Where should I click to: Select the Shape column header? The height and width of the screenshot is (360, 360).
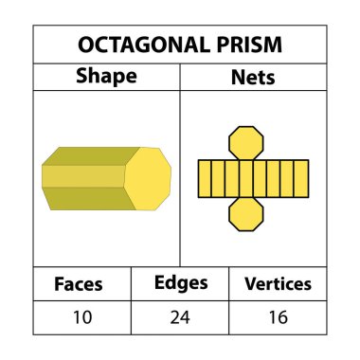pos(105,77)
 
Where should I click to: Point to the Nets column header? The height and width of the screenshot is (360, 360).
pos(253,77)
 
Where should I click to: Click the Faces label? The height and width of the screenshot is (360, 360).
pos(79,283)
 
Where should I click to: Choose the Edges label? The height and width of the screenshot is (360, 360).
pos(180,282)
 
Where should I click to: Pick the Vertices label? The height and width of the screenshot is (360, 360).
pos(278,283)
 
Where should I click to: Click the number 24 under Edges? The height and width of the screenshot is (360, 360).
pos(180,317)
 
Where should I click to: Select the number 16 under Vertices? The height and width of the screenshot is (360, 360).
pos(278,317)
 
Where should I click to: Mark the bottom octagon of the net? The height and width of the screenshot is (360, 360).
pos(248,214)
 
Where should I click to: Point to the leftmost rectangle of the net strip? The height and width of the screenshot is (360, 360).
pos(204,178)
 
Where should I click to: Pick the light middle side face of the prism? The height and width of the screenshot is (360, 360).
pos(83,176)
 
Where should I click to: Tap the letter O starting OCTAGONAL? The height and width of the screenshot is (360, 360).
pos(83,45)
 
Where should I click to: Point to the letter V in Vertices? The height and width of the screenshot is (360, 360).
pos(250,283)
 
